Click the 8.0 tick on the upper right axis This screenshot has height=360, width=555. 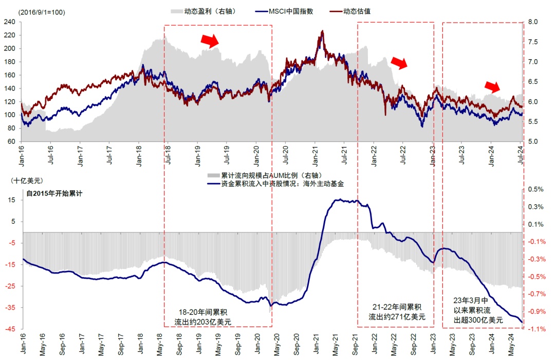(x=532, y=22)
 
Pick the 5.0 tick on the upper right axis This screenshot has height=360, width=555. (x=532, y=141)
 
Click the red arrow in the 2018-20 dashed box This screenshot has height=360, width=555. (x=210, y=41)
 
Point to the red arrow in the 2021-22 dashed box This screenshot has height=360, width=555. (x=399, y=62)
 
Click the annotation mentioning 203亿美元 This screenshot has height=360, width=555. (x=203, y=317)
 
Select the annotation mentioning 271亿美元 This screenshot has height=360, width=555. (x=397, y=312)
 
